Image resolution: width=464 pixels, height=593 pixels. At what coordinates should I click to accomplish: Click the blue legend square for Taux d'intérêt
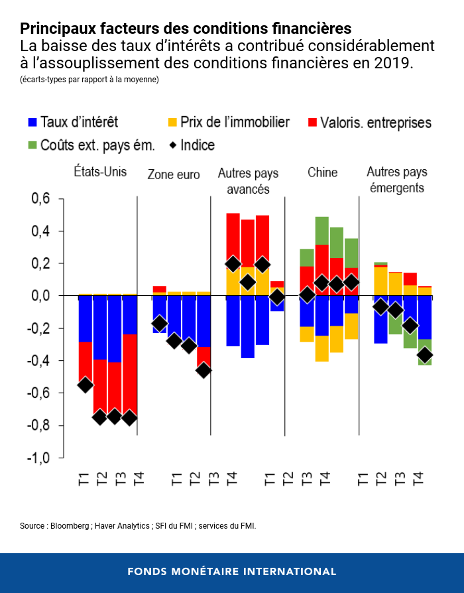[32, 123]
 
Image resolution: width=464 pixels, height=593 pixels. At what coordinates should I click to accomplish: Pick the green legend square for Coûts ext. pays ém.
[32, 145]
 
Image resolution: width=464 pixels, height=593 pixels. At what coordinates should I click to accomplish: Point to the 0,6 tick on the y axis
[42, 199]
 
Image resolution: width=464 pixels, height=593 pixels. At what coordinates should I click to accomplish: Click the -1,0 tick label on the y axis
[39, 458]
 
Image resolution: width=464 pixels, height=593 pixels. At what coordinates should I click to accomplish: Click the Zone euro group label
[173, 174]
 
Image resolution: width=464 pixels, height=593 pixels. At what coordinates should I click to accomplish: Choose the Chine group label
[322, 172]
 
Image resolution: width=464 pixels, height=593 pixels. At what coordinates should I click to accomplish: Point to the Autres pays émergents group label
[397, 179]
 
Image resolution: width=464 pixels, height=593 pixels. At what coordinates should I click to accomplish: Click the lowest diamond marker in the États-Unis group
[129, 417]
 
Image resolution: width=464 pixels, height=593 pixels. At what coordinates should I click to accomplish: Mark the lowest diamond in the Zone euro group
[203, 370]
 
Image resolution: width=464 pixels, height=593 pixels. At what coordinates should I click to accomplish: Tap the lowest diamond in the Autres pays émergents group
[425, 356]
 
